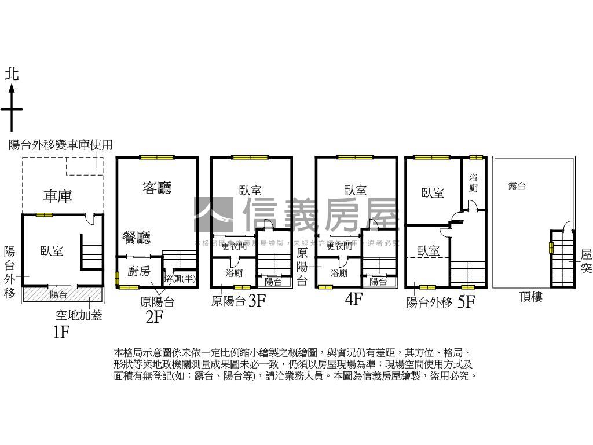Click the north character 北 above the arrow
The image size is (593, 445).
point(12,74)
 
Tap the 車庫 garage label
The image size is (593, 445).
point(58,196)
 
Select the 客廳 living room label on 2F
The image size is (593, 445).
point(157,188)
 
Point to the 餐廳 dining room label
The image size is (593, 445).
point(137,237)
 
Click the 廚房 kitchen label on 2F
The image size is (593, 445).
point(138,271)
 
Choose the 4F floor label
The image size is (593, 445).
point(353,300)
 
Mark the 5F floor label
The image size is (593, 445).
point(466,302)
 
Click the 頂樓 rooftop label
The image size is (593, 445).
point(530,297)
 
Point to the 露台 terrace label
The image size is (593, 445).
point(517,186)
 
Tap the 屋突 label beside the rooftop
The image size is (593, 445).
point(586,262)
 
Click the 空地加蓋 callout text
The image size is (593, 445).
point(79,316)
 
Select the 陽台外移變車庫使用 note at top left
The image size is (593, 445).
point(60,145)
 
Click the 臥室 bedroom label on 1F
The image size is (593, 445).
point(52,251)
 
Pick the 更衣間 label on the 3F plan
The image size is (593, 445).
point(233,246)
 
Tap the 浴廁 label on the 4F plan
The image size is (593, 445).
point(339,273)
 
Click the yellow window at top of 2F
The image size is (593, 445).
point(157,157)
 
